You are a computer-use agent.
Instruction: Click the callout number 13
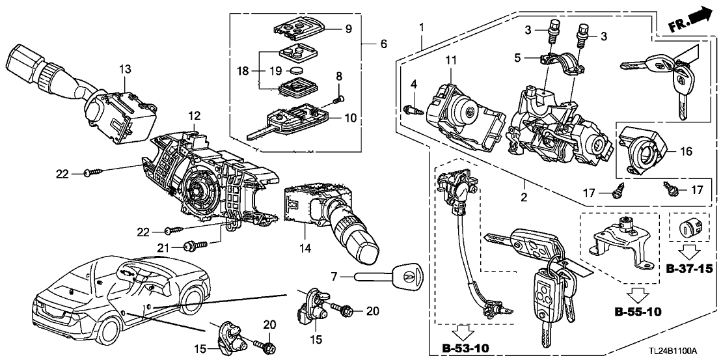pyautogui.click(x=125, y=69)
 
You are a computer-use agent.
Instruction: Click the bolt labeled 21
pyautogui.click(x=193, y=246)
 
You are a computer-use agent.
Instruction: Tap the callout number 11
pyautogui.click(x=450, y=61)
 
